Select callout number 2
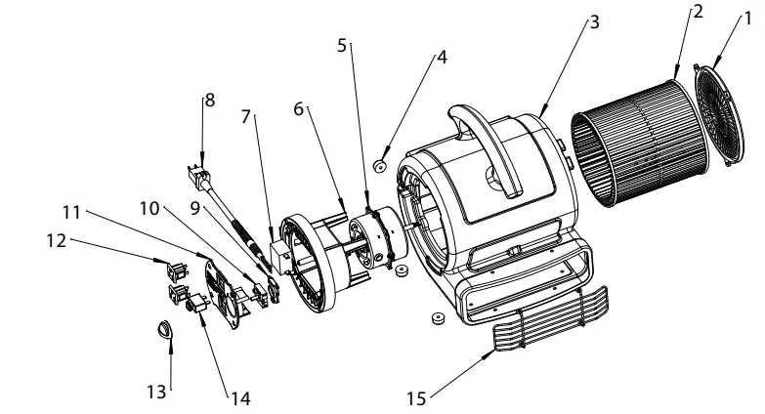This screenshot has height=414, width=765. click(698, 12)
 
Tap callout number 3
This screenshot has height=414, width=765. click(594, 23)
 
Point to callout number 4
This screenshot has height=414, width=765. click(442, 57)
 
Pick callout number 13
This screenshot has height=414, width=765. click(156, 392)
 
